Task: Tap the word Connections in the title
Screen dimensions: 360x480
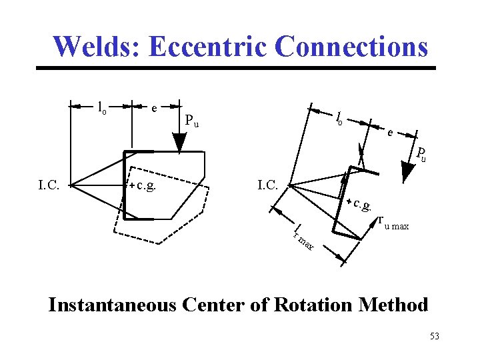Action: click(x=351, y=47)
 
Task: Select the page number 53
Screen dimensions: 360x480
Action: click(x=435, y=336)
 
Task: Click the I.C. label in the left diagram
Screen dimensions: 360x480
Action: click(x=51, y=185)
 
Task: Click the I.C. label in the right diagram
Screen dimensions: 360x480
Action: click(x=271, y=184)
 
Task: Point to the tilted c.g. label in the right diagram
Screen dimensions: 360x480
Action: click(x=363, y=204)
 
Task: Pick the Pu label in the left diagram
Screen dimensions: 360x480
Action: click(x=193, y=121)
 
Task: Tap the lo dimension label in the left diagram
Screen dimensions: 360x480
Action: click(x=102, y=107)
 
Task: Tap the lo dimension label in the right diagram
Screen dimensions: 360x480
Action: click(x=339, y=118)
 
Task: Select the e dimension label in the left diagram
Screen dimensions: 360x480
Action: click(x=154, y=107)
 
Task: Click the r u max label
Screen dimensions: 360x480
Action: click(x=393, y=223)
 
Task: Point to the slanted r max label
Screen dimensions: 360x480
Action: click(x=303, y=239)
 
